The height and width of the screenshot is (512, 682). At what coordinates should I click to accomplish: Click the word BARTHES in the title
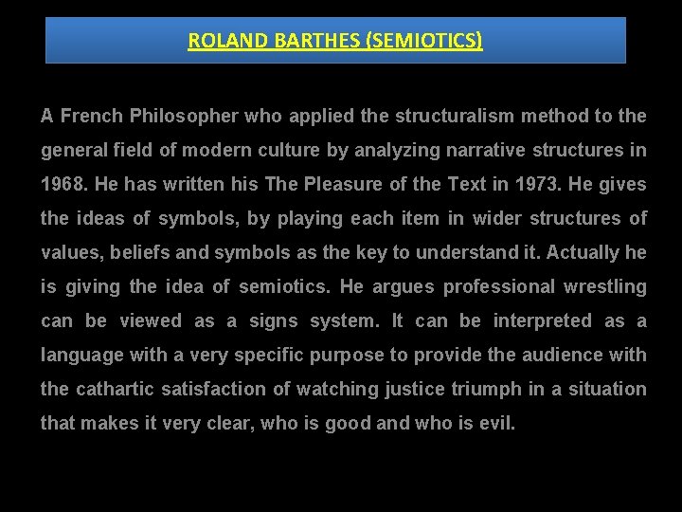coord(283,41)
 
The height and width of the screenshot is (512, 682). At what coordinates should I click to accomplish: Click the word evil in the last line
coord(496,424)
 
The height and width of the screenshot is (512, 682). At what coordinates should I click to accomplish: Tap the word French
coord(93,117)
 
